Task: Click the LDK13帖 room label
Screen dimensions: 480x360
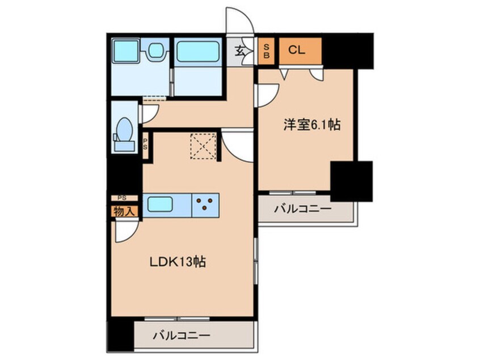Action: [x=177, y=262]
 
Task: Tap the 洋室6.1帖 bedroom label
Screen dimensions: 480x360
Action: [x=311, y=125]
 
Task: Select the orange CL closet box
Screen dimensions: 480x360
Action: [x=300, y=51]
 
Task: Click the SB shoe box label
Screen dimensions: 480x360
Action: [x=266, y=51]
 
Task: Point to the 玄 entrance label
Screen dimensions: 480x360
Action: [x=239, y=51]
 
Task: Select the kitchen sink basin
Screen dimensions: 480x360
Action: [x=159, y=204]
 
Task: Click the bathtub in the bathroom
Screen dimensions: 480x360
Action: [x=198, y=52]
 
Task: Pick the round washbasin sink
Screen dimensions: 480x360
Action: [x=156, y=50]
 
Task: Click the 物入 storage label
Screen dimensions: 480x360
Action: [x=124, y=211]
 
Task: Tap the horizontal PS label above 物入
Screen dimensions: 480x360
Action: [x=122, y=198]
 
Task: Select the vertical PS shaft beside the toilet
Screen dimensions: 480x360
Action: [x=145, y=145]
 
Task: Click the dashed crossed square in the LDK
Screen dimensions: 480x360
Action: [x=203, y=146]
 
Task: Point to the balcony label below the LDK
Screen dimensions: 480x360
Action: [x=182, y=336]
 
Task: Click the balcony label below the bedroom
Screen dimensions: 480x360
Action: [x=303, y=210]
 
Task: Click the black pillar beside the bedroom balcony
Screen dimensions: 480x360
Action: [x=351, y=181]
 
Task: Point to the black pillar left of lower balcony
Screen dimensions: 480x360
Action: [x=121, y=334]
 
